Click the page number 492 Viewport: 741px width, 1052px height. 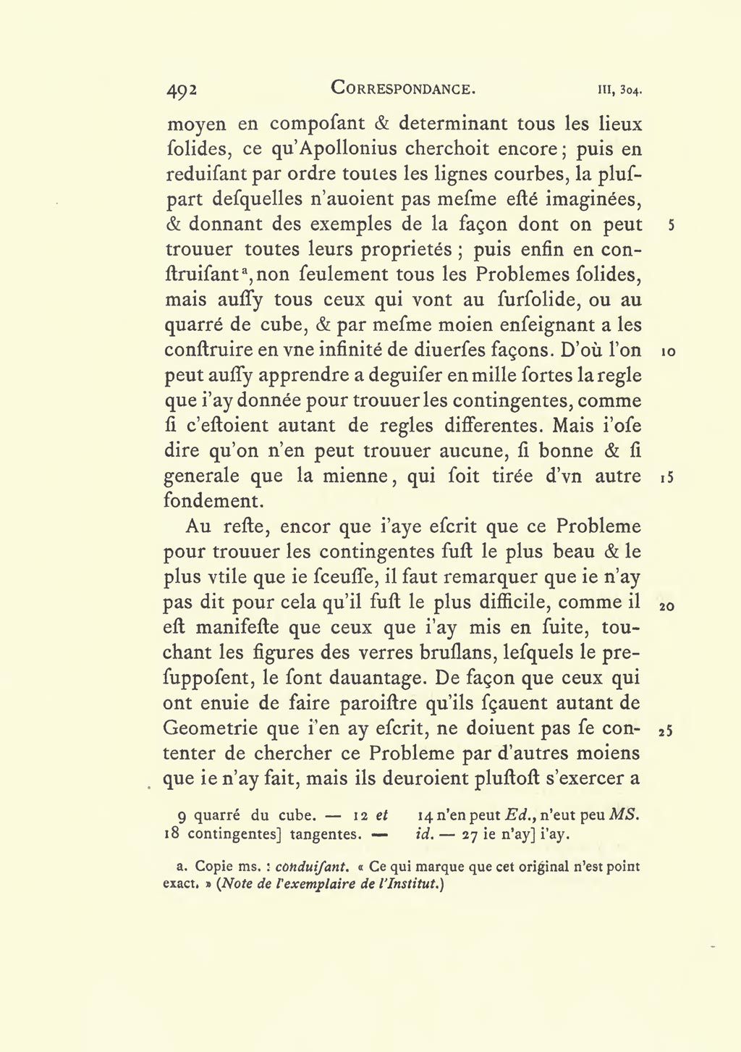[x=182, y=90]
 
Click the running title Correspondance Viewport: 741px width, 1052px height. [x=403, y=88]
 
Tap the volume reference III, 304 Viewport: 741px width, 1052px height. [x=620, y=91]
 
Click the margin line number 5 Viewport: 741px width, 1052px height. [x=671, y=225]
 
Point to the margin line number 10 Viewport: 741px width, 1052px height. [x=668, y=352]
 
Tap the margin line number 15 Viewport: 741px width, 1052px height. [x=667, y=478]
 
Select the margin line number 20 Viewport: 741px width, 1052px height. [x=667, y=605]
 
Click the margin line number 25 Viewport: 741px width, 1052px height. [x=667, y=731]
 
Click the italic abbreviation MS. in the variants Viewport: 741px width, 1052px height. [x=624, y=814]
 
